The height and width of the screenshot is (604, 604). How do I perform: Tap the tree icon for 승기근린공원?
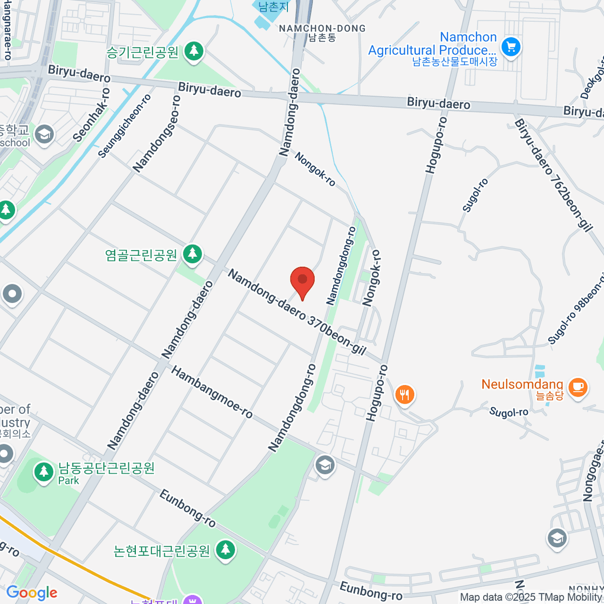pyautogui.click(x=194, y=51)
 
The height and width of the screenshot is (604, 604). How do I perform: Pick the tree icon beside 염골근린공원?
pyautogui.click(x=192, y=254)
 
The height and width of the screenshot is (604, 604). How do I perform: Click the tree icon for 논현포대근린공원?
pyautogui.click(x=225, y=550)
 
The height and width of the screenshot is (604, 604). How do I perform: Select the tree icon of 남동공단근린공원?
pyautogui.click(x=44, y=472)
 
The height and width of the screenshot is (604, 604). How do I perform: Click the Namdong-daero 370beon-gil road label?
pyautogui.click(x=296, y=312)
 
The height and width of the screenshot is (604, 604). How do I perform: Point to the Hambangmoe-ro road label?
pyautogui.click(x=211, y=392)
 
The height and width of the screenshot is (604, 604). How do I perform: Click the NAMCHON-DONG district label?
pyautogui.click(x=322, y=29)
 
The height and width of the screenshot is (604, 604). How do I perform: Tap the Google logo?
pyautogui.click(x=32, y=593)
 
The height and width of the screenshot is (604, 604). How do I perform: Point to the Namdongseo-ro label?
pyautogui.click(x=157, y=133)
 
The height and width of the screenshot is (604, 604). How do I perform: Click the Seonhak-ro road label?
pyautogui.click(x=91, y=115)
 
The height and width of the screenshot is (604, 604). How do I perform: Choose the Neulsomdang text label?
pyautogui.click(x=522, y=385)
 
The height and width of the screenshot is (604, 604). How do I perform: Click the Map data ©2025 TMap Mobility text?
pyautogui.click(x=531, y=597)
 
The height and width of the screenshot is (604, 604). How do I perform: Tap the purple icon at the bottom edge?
pyautogui.click(x=192, y=600)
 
